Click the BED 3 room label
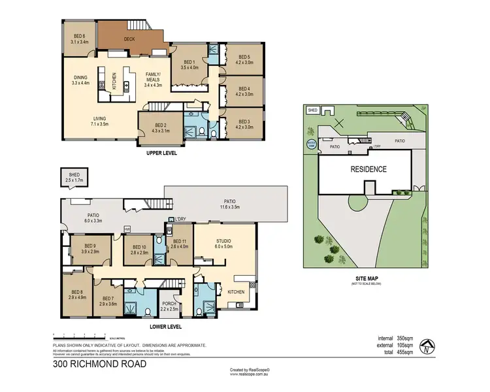(x=244, y=124)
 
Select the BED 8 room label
(x=77, y=295)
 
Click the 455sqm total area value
(x=403, y=352)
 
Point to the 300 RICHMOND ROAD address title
(x=99, y=364)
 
